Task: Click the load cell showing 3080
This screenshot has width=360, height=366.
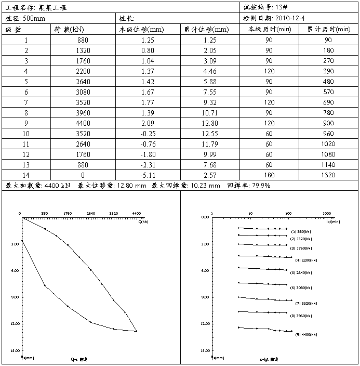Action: pos(83,91)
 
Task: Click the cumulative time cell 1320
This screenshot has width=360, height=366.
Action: pos(328,175)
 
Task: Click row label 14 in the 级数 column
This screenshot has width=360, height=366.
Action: pos(26,175)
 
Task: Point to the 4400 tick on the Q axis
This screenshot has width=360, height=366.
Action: pos(137,213)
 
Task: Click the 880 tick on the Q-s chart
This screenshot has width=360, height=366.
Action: pos(45,213)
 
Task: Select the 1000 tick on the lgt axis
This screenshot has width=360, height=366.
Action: pos(327,213)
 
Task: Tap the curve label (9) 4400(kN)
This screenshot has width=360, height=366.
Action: pos(306,335)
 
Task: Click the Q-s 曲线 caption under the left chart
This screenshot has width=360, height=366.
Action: pos(79,359)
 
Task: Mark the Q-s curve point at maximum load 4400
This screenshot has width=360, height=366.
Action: pos(136,331)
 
